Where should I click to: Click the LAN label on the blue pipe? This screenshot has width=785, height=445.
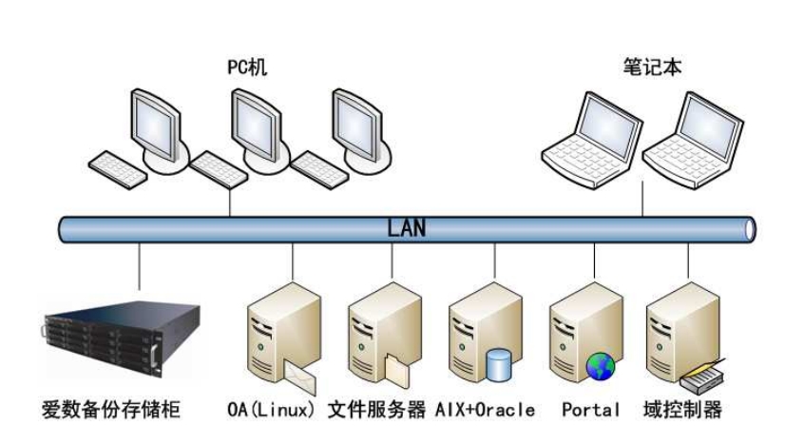tap(407, 228)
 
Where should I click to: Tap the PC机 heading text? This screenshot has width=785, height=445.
tap(247, 68)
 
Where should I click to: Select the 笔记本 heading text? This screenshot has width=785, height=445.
tap(652, 67)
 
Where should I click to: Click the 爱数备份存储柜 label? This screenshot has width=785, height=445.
tap(110, 410)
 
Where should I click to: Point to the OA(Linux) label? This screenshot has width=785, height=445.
tap(272, 410)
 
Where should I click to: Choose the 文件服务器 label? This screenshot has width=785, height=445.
tap(377, 410)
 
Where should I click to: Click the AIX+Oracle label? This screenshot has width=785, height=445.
tap(485, 410)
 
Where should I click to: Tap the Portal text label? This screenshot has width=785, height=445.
tap(591, 410)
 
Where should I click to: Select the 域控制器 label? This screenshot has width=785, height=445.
tap(682, 410)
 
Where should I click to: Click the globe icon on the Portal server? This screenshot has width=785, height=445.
tap(601, 366)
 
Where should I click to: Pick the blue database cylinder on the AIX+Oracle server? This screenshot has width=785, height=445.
tap(499, 364)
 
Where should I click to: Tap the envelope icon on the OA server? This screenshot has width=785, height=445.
tap(300, 377)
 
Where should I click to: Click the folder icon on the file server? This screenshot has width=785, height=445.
tap(397, 370)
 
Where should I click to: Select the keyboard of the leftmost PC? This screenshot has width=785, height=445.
tap(118, 169)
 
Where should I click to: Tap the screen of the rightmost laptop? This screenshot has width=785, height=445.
tap(710, 124)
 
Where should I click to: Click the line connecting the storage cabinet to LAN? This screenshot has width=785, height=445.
tap(139, 266)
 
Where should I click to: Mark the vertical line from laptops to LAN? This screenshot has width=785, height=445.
tap(642, 199)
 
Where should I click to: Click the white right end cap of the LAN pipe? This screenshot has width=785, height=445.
tap(750, 230)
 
